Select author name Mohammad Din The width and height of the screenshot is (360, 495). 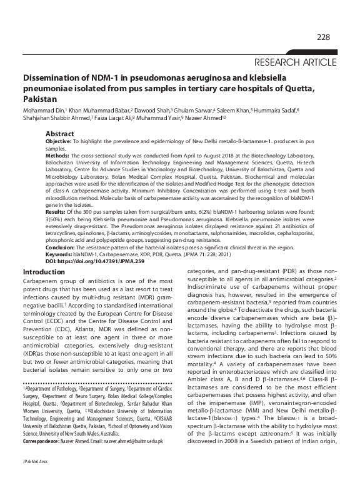coord(44,110)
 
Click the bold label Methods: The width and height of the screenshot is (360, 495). coord(59,156)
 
